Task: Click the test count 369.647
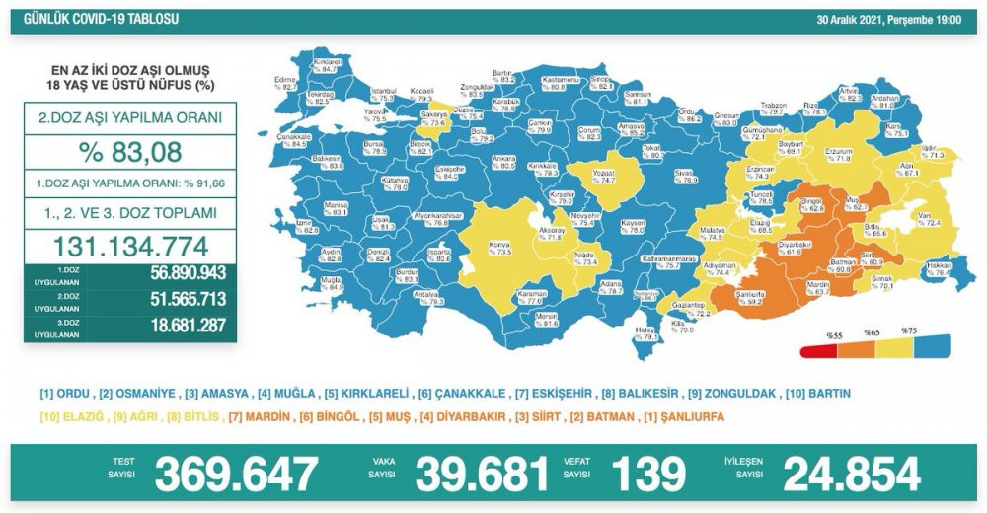(x=236, y=475)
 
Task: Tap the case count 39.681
(x=481, y=475)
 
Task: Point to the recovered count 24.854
(x=851, y=475)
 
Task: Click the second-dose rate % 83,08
(x=130, y=153)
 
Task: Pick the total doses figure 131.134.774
(x=130, y=245)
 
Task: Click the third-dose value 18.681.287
(x=161, y=326)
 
